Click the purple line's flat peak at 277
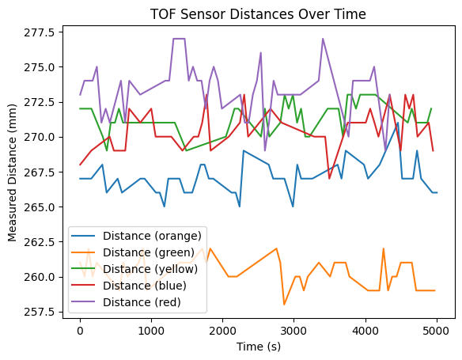tap(179, 39)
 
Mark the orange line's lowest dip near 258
tap(284, 305)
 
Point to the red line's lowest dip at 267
tap(330, 179)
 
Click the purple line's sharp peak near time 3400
tap(323, 39)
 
